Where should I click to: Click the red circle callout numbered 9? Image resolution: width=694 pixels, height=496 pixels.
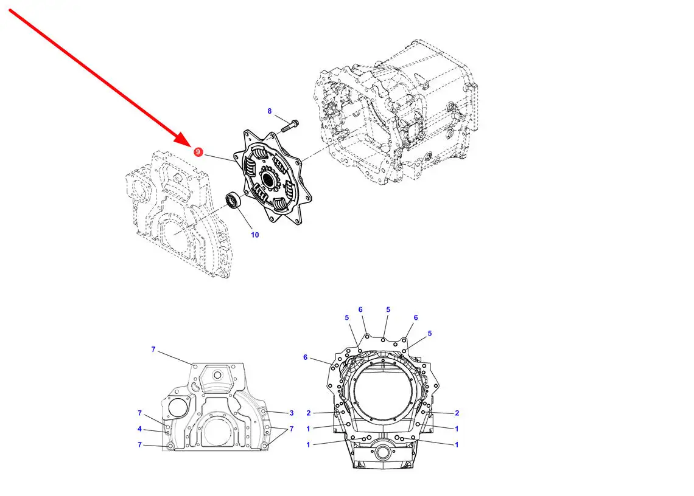(198, 151)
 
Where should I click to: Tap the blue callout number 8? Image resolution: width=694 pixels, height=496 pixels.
(270, 111)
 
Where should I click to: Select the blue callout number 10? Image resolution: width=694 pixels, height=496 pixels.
(255, 235)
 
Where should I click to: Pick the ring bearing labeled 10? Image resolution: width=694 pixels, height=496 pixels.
(233, 200)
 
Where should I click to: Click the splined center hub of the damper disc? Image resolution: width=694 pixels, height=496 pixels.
(268, 179)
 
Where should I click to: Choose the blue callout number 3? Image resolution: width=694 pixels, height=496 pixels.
(292, 413)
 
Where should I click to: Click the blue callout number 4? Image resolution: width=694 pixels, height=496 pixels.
(139, 429)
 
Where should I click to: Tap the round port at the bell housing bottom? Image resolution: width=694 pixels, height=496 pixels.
(382, 452)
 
